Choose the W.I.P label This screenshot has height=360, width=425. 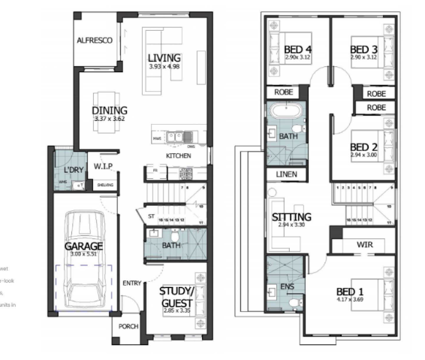pos(104,166)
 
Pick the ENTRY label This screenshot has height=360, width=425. pos(132,283)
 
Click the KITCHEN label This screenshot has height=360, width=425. pos(178,156)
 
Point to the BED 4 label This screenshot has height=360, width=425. pos(297,51)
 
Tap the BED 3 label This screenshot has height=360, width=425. pos(363,51)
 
